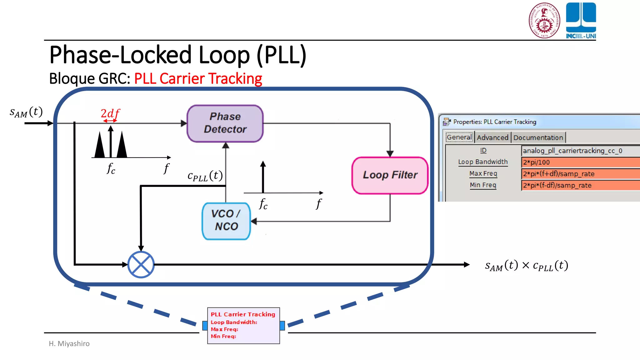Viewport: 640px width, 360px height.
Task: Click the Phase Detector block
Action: [x=225, y=123]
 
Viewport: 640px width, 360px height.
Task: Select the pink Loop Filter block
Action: [x=390, y=175]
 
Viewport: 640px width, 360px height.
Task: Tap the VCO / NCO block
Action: [x=226, y=221]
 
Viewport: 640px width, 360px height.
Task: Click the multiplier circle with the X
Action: [x=141, y=265]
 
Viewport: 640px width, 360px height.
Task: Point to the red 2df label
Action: [x=110, y=113]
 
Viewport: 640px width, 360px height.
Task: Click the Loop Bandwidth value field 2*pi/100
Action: [x=580, y=162]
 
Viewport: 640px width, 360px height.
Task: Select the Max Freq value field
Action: [x=580, y=174]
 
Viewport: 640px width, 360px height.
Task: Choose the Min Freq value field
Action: [x=580, y=185]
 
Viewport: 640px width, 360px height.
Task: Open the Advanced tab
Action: [x=492, y=137]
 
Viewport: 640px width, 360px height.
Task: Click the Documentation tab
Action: [x=538, y=137]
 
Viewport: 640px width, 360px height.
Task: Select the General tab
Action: [x=459, y=137]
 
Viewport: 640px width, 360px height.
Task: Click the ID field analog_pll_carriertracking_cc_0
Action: [x=580, y=151]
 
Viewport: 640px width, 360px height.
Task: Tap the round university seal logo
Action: [x=544, y=21]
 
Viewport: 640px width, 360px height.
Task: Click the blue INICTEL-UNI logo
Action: [x=581, y=21]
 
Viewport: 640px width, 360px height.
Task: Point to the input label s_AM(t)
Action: [x=26, y=112]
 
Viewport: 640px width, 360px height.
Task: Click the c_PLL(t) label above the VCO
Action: [x=205, y=176]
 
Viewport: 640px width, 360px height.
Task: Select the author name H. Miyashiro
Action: [x=69, y=343]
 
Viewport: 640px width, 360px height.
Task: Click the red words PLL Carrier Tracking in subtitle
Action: [x=198, y=78]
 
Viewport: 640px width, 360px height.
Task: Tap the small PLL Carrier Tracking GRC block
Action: [x=243, y=325]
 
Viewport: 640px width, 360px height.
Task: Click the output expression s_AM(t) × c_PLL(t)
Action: [x=527, y=266]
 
